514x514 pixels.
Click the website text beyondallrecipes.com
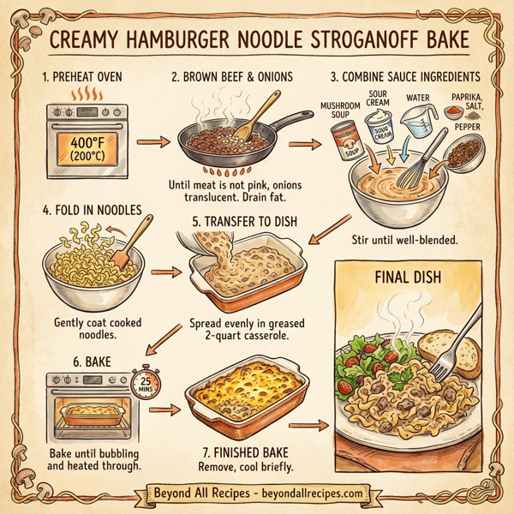point(319,493)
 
